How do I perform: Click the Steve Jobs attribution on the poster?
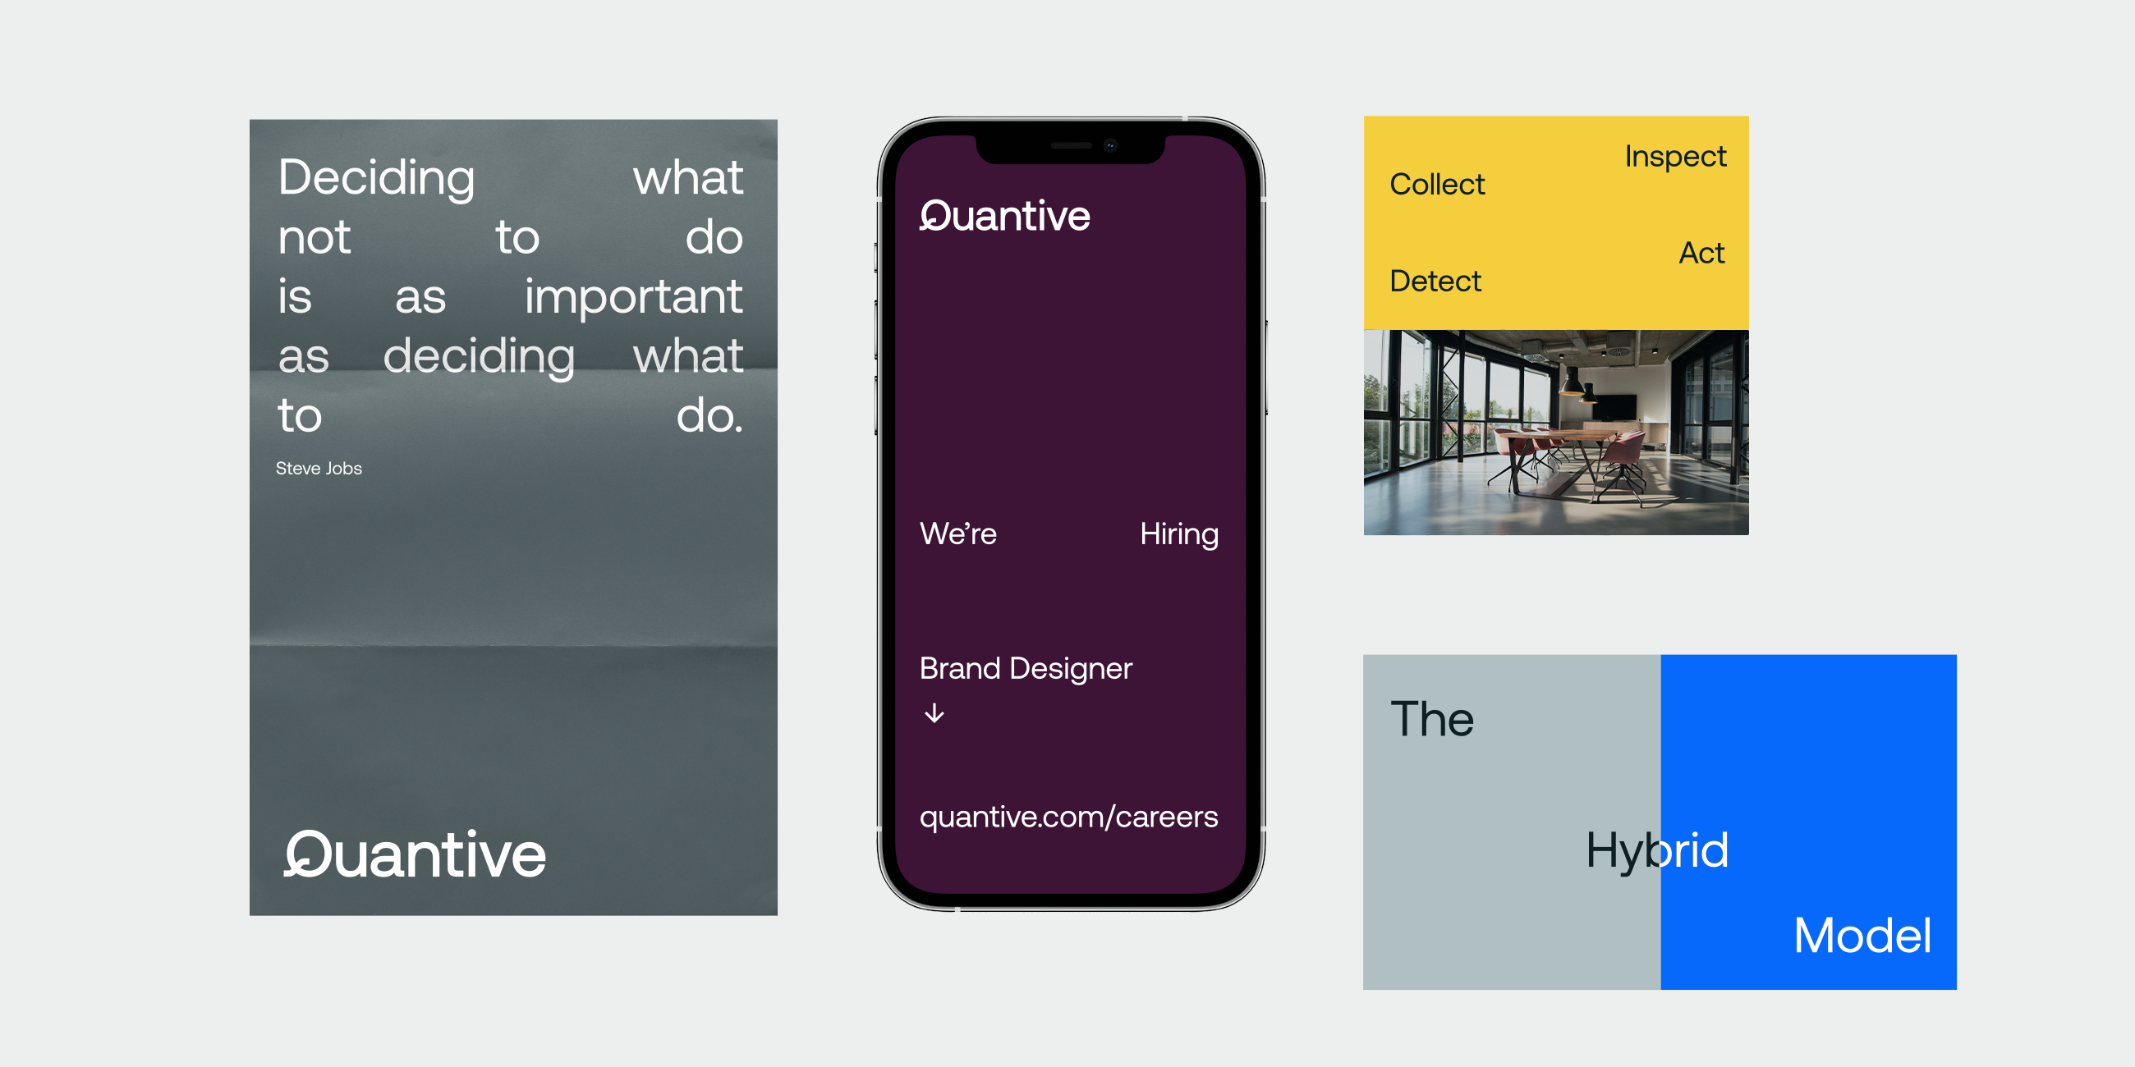coord(319,468)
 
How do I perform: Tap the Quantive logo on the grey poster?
coord(415,854)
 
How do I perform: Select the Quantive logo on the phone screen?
coord(1004,215)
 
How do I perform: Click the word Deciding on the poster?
coord(376,177)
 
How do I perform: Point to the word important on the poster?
coord(633,296)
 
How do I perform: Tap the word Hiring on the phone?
coord(1178,534)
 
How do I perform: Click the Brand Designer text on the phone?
coord(1026,669)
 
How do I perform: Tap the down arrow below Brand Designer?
coord(934,713)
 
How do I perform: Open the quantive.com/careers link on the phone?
coord(1068,817)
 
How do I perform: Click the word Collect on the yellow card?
coord(1437,184)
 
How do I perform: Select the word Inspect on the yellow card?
coord(1675,156)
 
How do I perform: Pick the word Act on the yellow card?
coord(1701,253)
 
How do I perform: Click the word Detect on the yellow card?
coord(1435,281)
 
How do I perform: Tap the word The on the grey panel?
coord(1432,718)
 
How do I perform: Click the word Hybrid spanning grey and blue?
coord(1657,850)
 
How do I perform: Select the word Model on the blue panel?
coord(1862,936)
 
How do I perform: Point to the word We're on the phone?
coord(958,534)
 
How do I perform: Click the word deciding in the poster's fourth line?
coord(479,356)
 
